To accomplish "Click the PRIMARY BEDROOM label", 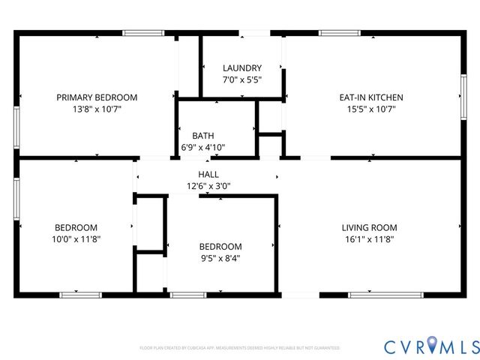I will pyautogui.click(x=97, y=97).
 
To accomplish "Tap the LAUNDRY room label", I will pyautogui.click(x=241, y=68).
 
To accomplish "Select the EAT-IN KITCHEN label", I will pyautogui.click(x=372, y=97).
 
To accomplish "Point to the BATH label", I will pyautogui.click(x=203, y=136).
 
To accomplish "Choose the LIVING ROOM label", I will pyautogui.click(x=369, y=228).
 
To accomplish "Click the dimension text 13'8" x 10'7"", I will pyautogui.click(x=97, y=109).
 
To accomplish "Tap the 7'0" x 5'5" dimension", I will pyautogui.click(x=241, y=79).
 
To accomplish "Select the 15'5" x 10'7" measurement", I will pyautogui.click(x=372, y=109).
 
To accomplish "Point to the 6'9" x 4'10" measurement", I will pyautogui.click(x=203, y=147).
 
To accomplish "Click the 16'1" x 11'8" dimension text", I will pyautogui.click(x=369, y=239).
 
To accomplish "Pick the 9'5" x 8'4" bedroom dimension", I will pyautogui.click(x=220, y=258).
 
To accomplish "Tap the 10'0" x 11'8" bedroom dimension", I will pyautogui.click(x=76, y=239).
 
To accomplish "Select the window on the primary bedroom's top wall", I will pyautogui.click(x=143, y=33).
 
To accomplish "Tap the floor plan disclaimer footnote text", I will pyautogui.click(x=240, y=348).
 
